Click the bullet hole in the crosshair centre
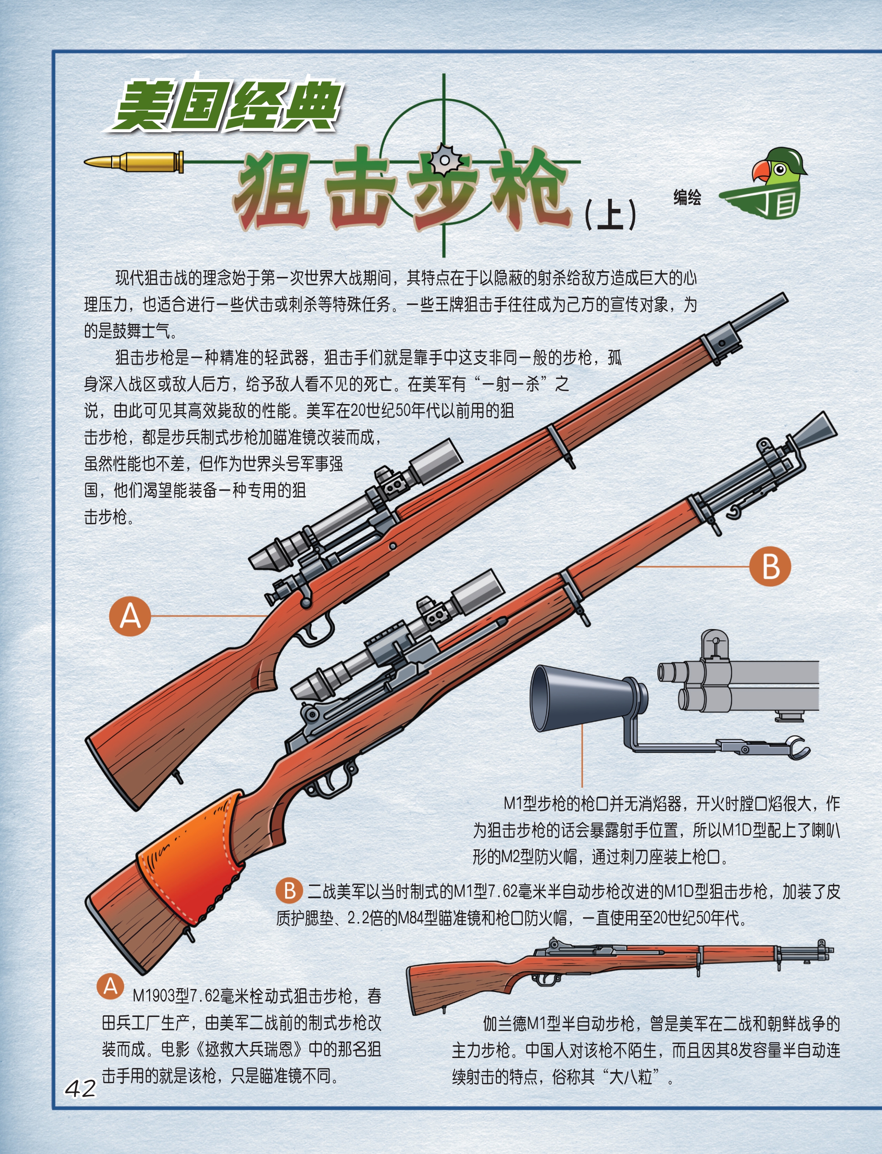click(x=444, y=160)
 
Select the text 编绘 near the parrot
click(x=687, y=198)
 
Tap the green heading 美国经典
click(x=227, y=106)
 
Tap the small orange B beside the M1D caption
click(x=289, y=891)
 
